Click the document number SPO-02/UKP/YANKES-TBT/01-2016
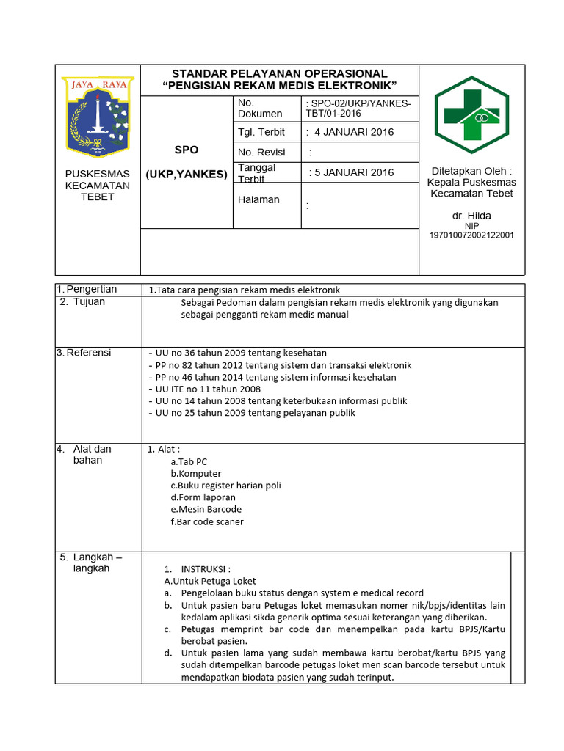(360, 109)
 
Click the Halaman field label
(258, 199)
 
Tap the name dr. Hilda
(471, 216)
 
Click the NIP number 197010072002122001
(471, 235)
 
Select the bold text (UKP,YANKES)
(187, 175)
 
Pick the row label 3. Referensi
(84, 353)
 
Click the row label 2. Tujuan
(82, 301)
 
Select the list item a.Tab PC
(189, 461)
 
